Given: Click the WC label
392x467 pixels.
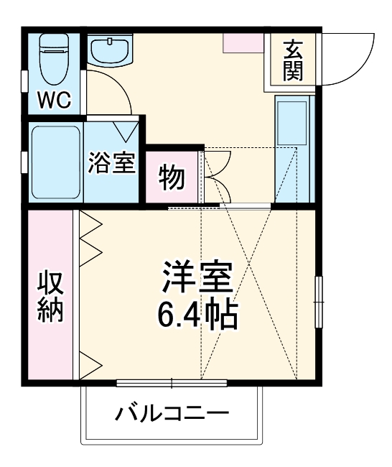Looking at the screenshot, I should [x=55, y=99].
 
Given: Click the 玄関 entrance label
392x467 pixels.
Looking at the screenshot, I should [x=292, y=60].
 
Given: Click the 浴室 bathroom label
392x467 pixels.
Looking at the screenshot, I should [x=111, y=162].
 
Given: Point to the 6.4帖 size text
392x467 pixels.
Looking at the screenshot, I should [x=197, y=314].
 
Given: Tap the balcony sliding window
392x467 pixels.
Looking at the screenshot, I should [x=172, y=382].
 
